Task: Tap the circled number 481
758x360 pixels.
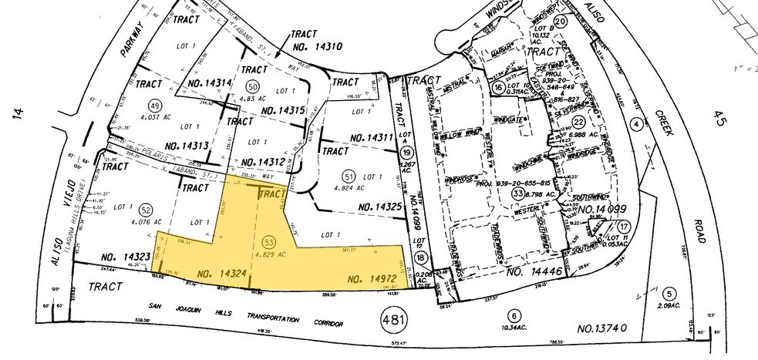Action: pos(394,318)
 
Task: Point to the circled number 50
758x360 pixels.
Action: pos(251,85)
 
